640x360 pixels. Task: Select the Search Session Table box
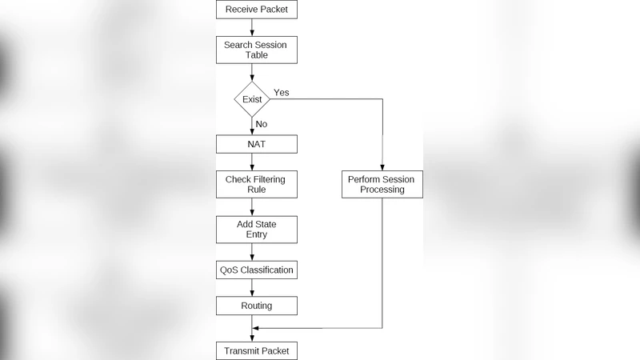click(257, 50)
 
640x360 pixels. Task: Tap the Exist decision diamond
click(252, 99)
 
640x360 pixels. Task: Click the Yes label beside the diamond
click(282, 93)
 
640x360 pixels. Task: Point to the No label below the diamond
click(261, 124)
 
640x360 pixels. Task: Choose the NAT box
click(257, 144)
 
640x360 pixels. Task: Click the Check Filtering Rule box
click(257, 184)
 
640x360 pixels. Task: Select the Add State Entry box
click(257, 230)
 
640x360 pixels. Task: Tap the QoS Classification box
click(257, 270)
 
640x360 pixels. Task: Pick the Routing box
click(257, 306)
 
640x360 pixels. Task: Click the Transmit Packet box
click(257, 350)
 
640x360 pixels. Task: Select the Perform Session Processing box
click(382, 184)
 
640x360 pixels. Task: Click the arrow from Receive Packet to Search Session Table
click(252, 28)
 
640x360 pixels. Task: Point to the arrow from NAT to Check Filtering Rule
click(252, 162)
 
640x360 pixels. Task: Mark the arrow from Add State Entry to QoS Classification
click(252, 252)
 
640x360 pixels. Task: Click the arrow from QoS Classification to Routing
click(252, 288)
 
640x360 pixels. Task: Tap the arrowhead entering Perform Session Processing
click(382, 166)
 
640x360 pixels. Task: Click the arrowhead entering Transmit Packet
click(252, 338)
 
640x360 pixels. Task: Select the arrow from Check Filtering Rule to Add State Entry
click(252, 207)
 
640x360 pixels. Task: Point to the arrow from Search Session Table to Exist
click(252, 73)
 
